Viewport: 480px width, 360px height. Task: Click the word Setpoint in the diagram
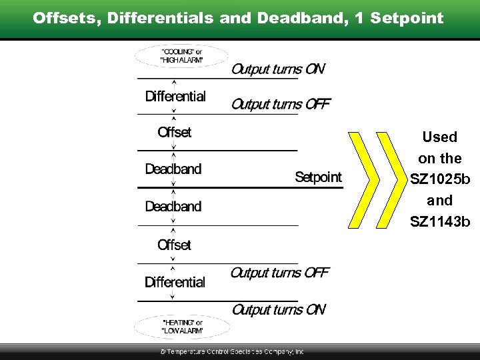pos(318,177)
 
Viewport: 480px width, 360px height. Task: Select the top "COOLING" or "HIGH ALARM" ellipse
pos(181,55)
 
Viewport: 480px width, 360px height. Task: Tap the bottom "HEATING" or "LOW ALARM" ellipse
pos(181,326)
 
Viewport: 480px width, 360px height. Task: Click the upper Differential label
pos(175,97)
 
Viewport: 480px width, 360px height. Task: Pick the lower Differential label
pos(175,283)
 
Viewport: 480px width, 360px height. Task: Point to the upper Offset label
pos(174,133)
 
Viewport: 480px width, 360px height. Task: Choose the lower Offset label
pos(174,245)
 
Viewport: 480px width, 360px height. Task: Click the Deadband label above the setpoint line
pos(173,169)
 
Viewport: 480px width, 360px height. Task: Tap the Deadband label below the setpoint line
pos(173,207)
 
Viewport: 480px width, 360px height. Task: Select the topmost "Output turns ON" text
pos(278,69)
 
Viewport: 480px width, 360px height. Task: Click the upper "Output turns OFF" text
pos(281,105)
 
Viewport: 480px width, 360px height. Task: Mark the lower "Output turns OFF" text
pos(279,273)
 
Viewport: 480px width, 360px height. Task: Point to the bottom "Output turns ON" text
pos(278,309)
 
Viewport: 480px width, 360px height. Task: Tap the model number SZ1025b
pos(440,180)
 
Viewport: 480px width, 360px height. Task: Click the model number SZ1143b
pos(440,222)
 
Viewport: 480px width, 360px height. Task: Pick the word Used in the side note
pos(440,137)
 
